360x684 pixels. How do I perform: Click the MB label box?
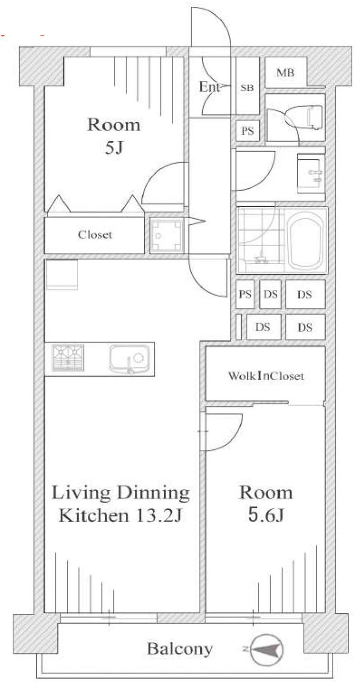[x=285, y=72]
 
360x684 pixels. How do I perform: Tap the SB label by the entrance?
[x=247, y=88]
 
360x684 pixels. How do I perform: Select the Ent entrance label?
[x=209, y=87]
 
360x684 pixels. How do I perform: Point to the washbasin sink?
[x=310, y=174]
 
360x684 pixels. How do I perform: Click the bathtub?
[x=306, y=240]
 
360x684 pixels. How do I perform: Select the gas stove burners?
[x=68, y=358]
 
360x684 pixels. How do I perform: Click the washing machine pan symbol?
[x=167, y=235]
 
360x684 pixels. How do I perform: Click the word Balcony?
[x=180, y=649]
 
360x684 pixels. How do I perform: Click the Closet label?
[x=95, y=234]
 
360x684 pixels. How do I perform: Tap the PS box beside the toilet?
[x=247, y=131]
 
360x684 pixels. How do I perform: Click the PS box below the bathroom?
[x=245, y=294]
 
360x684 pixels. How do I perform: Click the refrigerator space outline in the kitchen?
[x=61, y=275]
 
